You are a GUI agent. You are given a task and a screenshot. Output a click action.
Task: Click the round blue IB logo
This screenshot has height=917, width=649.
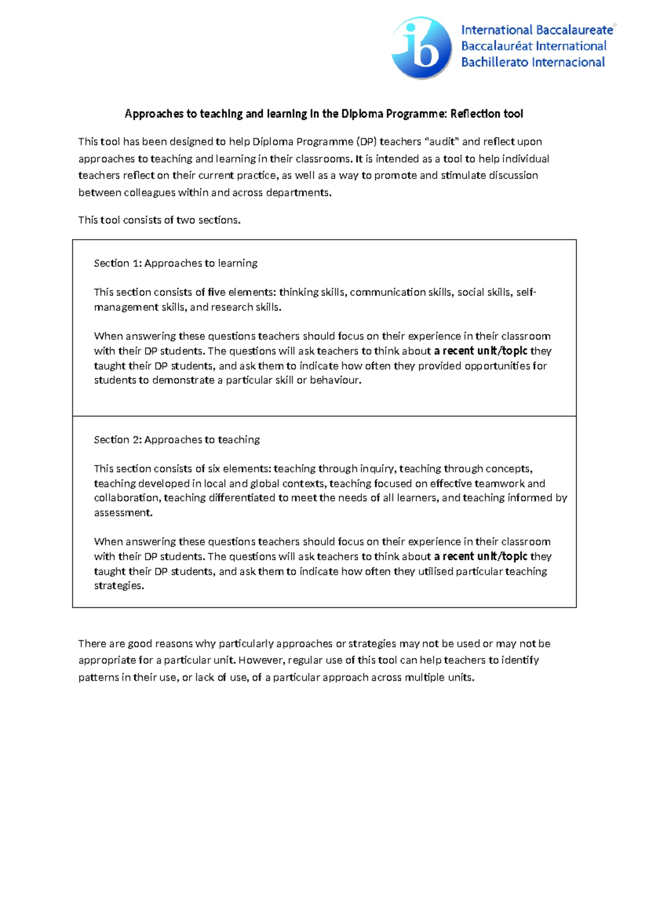[421, 48]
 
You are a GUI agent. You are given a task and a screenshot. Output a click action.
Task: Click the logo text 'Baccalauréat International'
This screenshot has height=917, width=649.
[533, 46]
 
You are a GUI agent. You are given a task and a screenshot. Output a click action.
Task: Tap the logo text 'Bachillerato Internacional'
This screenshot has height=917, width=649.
[533, 62]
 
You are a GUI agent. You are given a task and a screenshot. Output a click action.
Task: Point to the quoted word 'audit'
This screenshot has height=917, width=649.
[442, 142]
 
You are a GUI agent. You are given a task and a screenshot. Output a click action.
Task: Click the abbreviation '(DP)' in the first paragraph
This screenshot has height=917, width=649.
[366, 142]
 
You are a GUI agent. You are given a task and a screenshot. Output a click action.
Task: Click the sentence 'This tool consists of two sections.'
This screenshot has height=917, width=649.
[159, 220]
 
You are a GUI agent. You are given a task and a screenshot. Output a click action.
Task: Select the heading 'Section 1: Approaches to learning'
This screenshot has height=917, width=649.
[175, 263]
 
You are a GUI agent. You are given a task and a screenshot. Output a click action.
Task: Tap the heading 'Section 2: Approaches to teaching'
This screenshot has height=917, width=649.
[176, 440]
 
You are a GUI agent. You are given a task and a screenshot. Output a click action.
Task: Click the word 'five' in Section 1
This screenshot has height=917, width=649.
[216, 293]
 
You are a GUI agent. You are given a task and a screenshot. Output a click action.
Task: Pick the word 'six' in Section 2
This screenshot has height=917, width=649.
[214, 469]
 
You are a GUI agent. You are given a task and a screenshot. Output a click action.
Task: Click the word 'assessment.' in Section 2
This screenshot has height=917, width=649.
[123, 513]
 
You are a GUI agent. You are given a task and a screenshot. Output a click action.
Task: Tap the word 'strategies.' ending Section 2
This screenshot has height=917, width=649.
[119, 586]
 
